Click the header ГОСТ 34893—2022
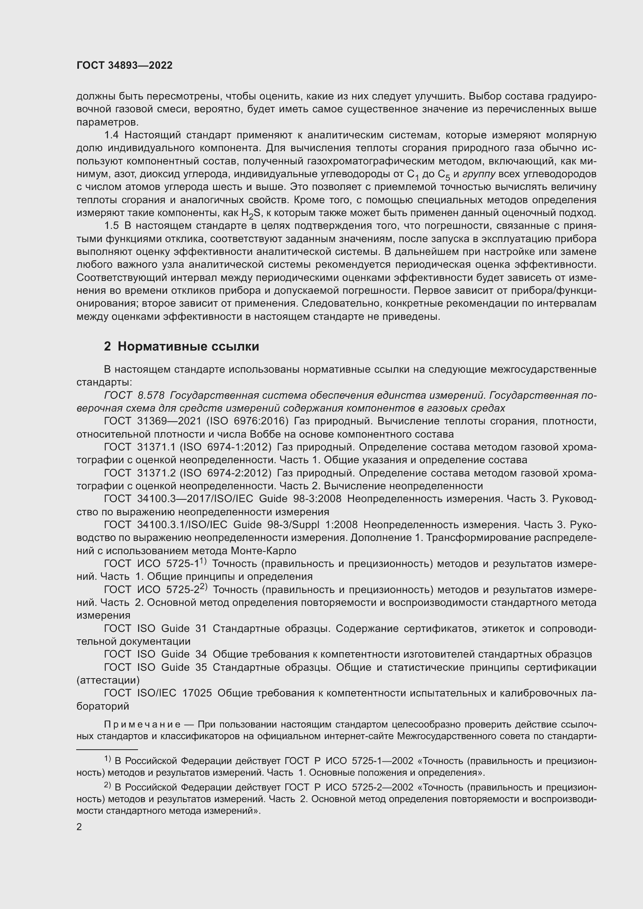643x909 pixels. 124,66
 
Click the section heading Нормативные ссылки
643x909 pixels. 188,346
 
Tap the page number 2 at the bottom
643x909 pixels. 79,827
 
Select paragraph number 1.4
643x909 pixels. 111,135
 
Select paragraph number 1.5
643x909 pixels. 111,226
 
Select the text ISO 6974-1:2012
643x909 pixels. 226,447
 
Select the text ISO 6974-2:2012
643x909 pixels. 226,473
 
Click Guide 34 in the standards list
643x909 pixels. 184,654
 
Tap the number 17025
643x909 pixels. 197,693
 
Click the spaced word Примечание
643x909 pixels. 142,724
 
